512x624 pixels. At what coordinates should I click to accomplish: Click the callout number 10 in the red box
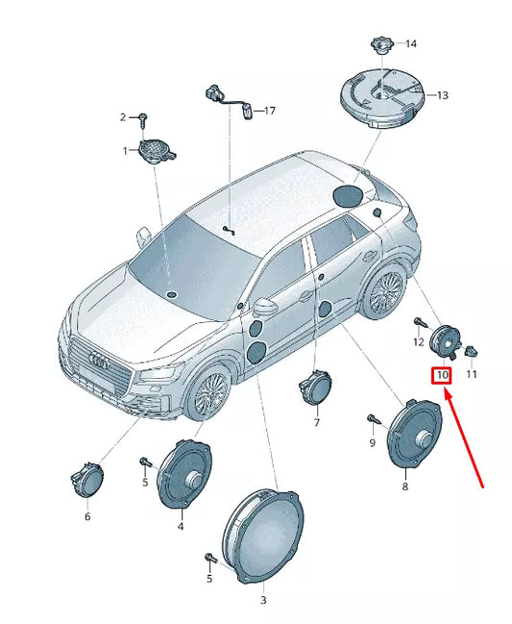click(x=442, y=375)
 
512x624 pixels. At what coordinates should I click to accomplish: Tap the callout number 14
click(x=411, y=43)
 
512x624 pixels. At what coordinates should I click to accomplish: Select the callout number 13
click(x=443, y=95)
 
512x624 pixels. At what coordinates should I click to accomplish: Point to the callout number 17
click(x=270, y=111)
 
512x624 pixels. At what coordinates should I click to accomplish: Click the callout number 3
click(x=263, y=600)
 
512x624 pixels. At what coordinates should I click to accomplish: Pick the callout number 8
click(x=405, y=487)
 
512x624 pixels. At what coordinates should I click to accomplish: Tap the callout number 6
click(x=87, y=516)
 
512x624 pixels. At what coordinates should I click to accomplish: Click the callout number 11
click(x=472, y=374)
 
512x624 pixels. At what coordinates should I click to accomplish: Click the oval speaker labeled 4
click(x=184, y=474)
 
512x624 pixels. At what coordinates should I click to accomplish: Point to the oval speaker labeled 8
click(x=414, y=435)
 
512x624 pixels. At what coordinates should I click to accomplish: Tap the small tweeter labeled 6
click(x=86, y=481)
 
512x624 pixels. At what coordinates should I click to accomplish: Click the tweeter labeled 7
click(x=315, y=387)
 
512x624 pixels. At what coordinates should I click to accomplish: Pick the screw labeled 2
click(x=143, y=120)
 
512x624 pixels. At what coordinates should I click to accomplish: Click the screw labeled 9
click(x=374, y=418)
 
